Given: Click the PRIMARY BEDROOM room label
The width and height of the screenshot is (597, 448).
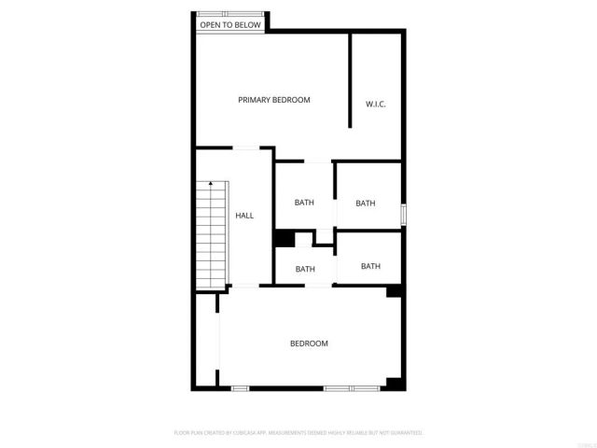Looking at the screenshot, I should click(273, 100).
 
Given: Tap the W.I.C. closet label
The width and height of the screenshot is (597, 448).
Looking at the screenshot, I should click(376, 104).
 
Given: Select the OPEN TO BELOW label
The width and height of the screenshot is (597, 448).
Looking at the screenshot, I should click(229, 25).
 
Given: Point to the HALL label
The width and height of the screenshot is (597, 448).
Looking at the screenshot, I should click(244, 216).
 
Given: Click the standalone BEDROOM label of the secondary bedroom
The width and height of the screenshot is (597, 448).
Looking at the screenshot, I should click(309, 343).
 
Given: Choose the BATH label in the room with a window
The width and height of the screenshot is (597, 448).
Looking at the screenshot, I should click(365, 203).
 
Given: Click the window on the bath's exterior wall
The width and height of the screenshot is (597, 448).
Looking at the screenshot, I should click(404, 214).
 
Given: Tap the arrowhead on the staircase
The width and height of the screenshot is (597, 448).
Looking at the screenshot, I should click(212, 184).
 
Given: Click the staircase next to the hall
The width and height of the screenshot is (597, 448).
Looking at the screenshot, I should click(212, 233).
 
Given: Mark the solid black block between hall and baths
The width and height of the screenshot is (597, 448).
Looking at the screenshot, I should click(284, 239).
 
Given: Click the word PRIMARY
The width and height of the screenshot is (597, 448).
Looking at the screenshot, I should click(255, 100).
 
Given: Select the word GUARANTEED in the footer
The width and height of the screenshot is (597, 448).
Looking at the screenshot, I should click(406, 433).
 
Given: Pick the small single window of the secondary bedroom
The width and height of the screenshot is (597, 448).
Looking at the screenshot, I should click(240, 387).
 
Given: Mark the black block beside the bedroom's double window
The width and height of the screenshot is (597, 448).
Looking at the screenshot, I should click(395, 383).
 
